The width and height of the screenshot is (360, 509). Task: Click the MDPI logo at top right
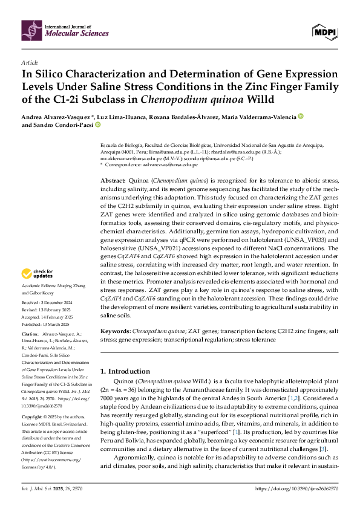[324, 30]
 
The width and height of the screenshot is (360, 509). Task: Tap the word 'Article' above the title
[30, 62]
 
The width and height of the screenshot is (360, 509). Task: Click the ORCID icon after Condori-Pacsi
[97, 125]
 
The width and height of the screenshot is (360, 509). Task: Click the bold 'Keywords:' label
[115, 332]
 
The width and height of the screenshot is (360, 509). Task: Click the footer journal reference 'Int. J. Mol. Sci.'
[37, 487]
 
